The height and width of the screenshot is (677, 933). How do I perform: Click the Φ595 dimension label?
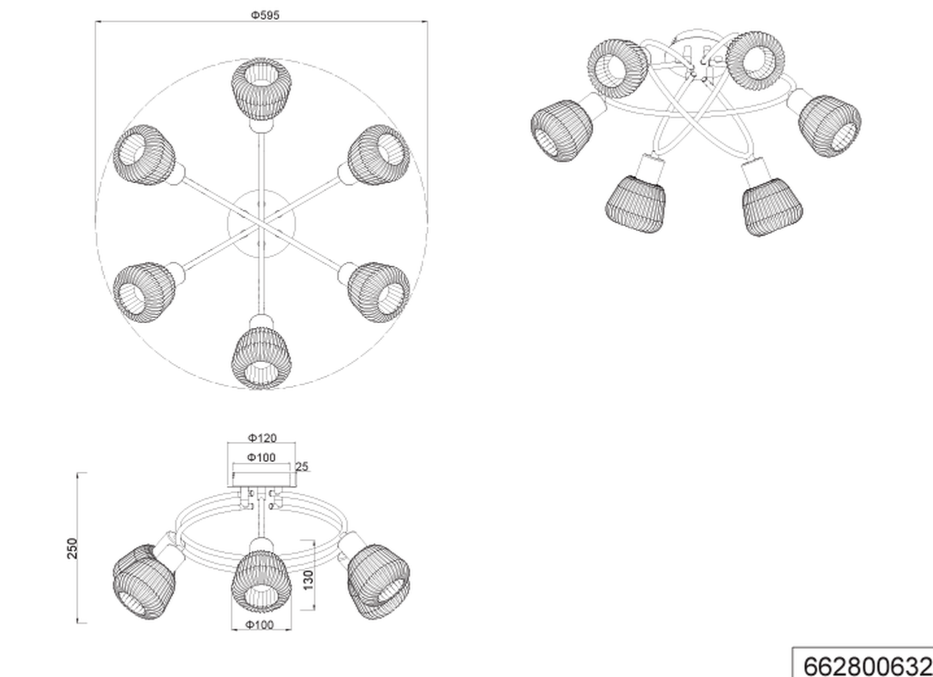(265, 15)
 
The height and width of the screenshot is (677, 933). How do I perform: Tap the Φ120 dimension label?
(262, 438)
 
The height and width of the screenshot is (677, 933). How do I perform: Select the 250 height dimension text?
(72, 548)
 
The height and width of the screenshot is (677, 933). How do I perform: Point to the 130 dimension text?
(308, 579)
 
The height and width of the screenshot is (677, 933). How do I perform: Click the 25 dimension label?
(302, 467)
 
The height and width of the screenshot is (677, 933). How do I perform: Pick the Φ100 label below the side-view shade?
(259, 625)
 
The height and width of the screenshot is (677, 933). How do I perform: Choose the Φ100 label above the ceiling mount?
(261, 458)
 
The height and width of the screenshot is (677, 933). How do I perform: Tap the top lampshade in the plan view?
(261, 90)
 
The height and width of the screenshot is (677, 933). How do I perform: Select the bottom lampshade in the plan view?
(261, 358)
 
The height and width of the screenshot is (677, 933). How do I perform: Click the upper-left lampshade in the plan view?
(144, 155)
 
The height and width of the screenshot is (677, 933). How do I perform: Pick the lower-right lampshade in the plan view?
(378, 292)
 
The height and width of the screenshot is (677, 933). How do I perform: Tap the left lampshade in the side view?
(144, 583)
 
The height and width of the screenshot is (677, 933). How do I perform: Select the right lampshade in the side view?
(378, 583)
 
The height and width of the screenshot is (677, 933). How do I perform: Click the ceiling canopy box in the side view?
(261, 480)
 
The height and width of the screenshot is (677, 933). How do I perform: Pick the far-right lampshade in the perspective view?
(830, 126)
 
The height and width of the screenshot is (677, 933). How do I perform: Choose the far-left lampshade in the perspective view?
(561, 130)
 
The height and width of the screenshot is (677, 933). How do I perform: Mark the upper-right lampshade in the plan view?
(378, 155)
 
